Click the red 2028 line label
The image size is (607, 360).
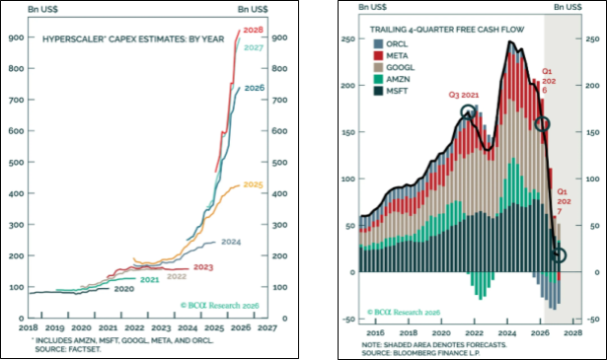[254, 30]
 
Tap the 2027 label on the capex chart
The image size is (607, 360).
[254, 47]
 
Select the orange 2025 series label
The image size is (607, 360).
[254, 184]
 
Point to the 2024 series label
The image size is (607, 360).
[231, 242]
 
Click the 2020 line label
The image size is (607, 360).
[124, 289]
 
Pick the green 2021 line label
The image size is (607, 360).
[149, 279]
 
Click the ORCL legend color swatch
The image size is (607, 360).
[378, 44]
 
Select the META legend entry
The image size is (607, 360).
[391, 55]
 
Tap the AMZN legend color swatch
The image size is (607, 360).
[378, 79]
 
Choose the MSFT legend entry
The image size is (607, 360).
[391, 92]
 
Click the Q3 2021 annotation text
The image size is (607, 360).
[464, 95]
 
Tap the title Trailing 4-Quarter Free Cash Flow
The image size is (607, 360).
[447, 30]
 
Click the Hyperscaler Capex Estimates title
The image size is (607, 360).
[133, 39]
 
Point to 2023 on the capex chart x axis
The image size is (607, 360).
[161, 327]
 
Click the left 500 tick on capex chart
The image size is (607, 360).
[16, 162]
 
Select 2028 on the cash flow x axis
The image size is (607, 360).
[572, 333]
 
